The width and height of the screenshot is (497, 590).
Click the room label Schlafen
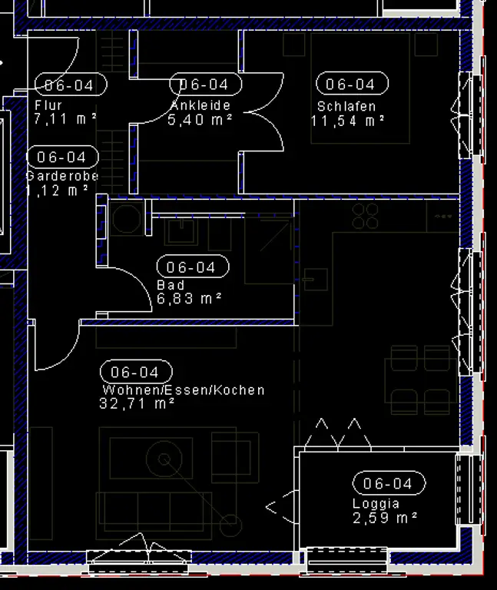pos(346,107)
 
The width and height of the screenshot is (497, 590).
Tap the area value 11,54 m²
pos(347,121)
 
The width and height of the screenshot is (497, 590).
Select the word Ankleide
pos(200,106)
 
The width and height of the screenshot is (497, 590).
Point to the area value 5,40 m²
pos(200,120)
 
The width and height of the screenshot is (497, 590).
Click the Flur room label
pos(48,105)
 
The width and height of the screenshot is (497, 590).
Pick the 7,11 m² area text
pos(65,118)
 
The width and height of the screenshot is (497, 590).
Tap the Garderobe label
pos(62,176)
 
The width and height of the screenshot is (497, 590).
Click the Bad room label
pos(171,285)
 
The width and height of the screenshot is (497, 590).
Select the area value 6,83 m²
pos(190,298)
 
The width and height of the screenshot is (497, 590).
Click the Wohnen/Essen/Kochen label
pos(183,390)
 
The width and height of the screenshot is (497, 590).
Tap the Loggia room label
pos(376,504)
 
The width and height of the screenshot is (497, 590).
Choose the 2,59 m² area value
pos(385,518)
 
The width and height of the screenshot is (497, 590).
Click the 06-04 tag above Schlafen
pos(351,85)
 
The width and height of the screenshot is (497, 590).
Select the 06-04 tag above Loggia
pos(389,484)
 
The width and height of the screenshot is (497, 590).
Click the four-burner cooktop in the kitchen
pos(366,216)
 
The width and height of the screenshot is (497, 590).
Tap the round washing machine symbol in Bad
pos(126,219)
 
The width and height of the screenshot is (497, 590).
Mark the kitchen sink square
pos(315,280)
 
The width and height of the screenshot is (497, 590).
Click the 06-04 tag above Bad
pos(192,267)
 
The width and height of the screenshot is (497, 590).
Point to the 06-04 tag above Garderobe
pos(62,157)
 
